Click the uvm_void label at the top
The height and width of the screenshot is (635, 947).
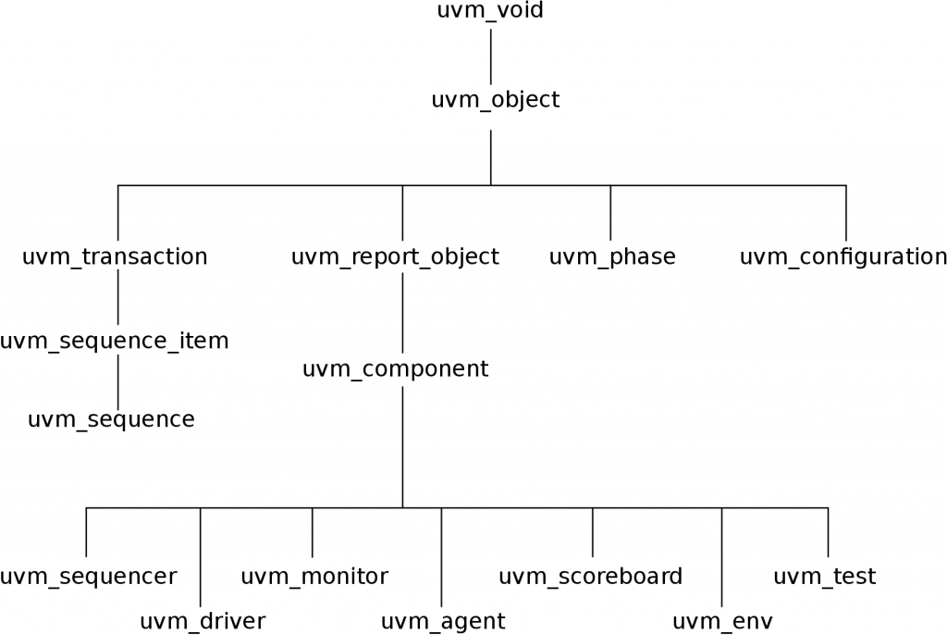pos(489,12)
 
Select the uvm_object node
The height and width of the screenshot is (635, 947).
pos(495,100)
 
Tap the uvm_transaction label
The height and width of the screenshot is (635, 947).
pos(115,257)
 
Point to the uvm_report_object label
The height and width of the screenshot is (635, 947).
pos(395,257)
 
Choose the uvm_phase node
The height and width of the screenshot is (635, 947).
pos(612,257)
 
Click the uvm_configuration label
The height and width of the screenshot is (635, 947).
pos(843,257)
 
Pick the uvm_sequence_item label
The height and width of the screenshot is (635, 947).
pos(114,342)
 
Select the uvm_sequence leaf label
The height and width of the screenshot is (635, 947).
pos(111,419)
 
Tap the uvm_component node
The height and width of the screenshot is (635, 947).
pos(395,369)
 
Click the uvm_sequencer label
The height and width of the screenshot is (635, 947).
pos(88,577)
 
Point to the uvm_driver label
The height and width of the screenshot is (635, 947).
pos(203,621)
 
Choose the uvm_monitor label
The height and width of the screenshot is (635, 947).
pos(314,577)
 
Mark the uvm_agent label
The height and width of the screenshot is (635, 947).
pos(443,621)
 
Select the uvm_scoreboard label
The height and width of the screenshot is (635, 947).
pos(590,577)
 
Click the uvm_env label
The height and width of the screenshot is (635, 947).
pos(722,621)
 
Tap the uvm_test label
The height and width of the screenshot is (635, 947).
pos(824,577)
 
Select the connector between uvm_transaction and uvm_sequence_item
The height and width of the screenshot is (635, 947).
pos(117,299)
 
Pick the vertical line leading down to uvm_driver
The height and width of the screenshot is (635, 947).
pos(201,555)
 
